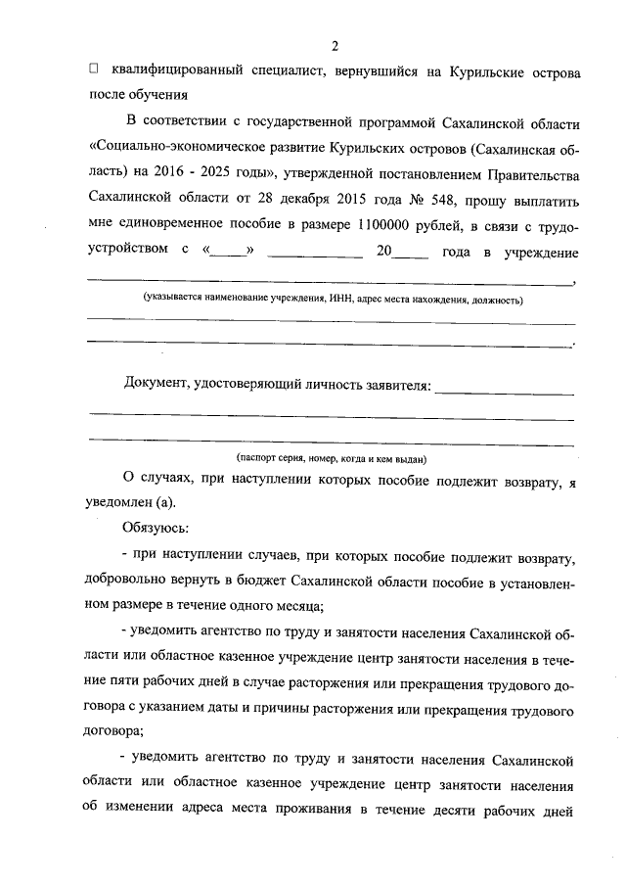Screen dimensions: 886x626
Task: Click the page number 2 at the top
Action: (x=335, y=46)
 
